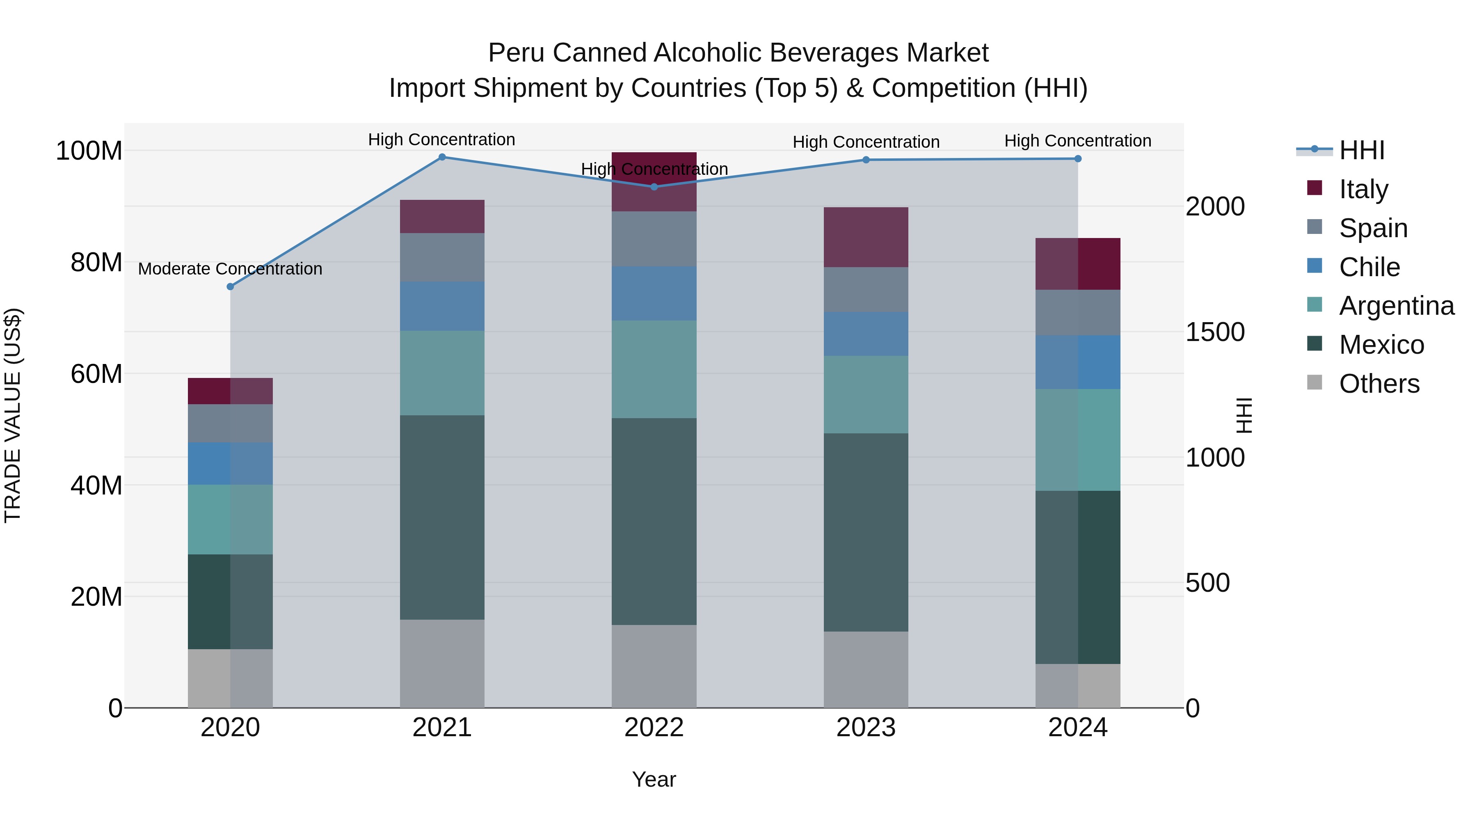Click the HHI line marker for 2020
[x=231, y=287]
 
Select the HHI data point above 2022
[x=654, y=187]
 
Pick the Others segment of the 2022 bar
[x=654, y=666]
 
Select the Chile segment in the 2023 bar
[x=866, y=334]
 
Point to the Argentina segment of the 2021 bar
[x=442, y=373]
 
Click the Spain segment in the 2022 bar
[x=654, y=238]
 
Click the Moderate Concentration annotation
[x=231, y=269]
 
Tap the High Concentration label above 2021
[x=441, y=140]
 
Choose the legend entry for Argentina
[x=1397, y=306]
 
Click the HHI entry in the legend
[x=1362, y=150]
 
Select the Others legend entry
[x=1379, y=384]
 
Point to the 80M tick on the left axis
[x=96, y=263]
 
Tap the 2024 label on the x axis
[x=1078, y=728]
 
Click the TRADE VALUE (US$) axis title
[x=13, y=415]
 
